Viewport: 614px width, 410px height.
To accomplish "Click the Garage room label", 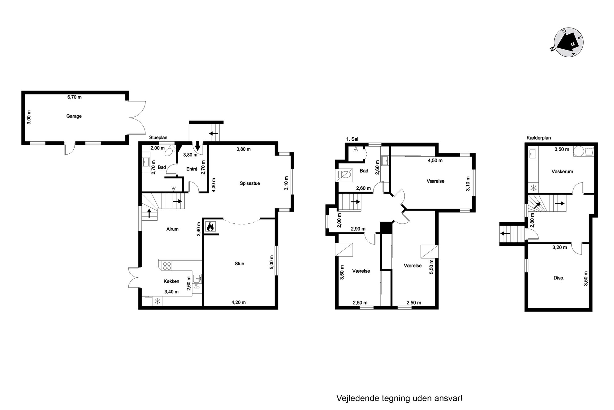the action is point(74,116).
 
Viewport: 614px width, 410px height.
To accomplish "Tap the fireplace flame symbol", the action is point(210,227).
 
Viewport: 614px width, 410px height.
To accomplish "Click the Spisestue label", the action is point(250,183).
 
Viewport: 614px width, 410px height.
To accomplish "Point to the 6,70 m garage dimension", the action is point(75,97).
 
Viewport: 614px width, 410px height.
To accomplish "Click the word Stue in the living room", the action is point(239,264).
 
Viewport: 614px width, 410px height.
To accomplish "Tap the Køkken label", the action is point(171,281).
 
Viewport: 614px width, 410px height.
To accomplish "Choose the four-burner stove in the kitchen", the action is point(167,266).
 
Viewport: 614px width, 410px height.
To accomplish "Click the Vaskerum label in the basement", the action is point(562,171).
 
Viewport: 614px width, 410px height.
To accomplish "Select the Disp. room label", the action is point(559,278).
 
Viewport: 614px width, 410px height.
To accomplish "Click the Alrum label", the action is point(172,229).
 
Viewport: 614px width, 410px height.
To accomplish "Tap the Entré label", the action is point(192,169).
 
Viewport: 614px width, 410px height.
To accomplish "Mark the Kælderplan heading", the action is point(539,138).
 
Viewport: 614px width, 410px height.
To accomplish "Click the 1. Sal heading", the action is point(352,139).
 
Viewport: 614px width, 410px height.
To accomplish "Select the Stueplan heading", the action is point(158,138).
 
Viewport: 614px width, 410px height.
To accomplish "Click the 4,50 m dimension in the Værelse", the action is point(435,161).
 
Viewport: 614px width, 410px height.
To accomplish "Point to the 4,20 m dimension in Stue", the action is point(239,302).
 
